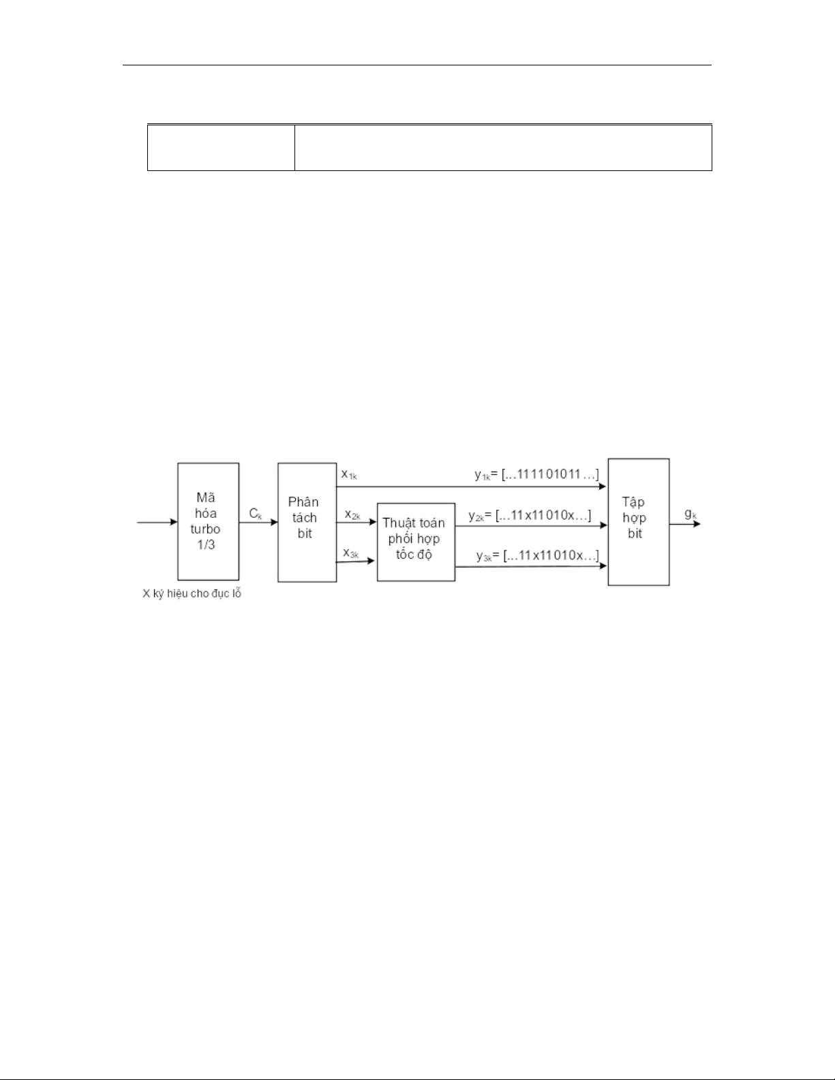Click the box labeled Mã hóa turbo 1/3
pyautogui.click(x=209, y=521)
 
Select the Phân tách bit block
pyautogui.click(x=307, y=523)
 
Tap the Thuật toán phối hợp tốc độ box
pyautogui.click(x=416, y=542)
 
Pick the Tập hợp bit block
pyautogui.click(x=639, y=522)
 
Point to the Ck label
pyautogui.click(x=256, y=514)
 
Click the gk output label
pyautogui.click(x=691, y=514)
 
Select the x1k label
pyautogui.click(x=349, y=475)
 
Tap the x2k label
pyautogui.click(x=352, y=514)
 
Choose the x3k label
pyautogui.click(x=351, y=553)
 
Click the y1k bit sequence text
pyautogui.click(x=537, y=475)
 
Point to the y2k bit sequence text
pyautogui.click(x=530, y=515)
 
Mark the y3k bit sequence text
pyautogui.click(x=538, y=555)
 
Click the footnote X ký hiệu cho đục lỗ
pyautogui.click(x=192, y=593)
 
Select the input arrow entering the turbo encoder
pyautogui.click(x=157, y=522)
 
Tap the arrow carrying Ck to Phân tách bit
pyautogui.click(x=258, y=523)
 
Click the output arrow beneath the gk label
pyautogui.click(x=685, y=523)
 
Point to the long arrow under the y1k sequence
pyautogui.click(x=471, y=487)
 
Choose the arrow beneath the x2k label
pyautogui.click(x=356, y=523)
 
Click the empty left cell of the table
pyautogui.click(x=221, y=148)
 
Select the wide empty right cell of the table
pyautogui.click(x=503, y=148)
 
